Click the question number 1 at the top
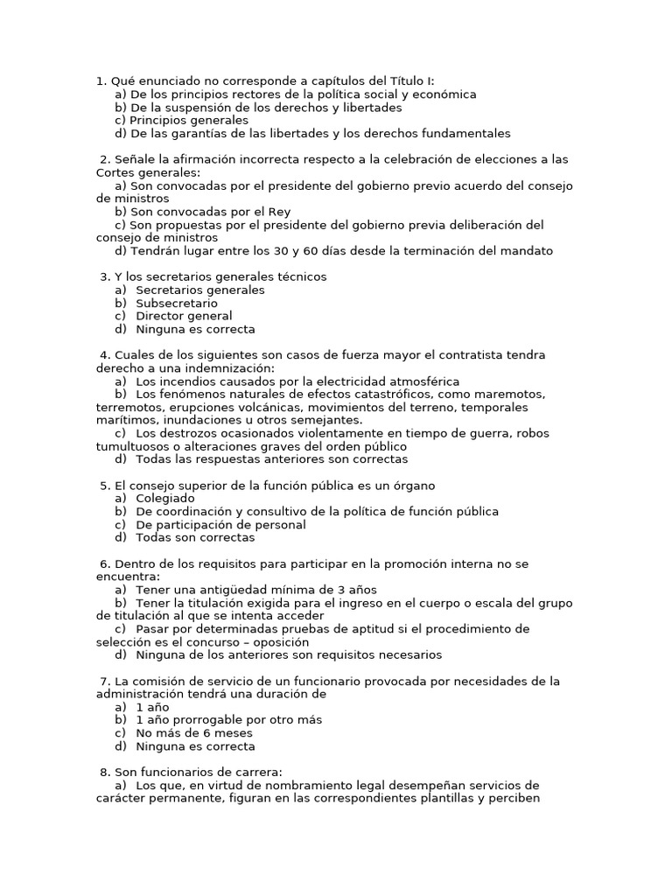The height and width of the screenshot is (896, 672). (x=100, y=81)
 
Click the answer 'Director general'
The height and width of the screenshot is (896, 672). (x=184, y=316)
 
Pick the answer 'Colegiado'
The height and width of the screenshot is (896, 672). (x=165, y=499)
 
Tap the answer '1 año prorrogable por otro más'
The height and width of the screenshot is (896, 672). (x=229, y=720)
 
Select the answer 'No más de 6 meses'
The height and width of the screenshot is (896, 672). (x=194, y=733)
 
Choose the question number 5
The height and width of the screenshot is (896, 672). (x=105, y=486)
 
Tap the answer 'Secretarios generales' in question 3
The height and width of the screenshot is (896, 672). (x=200, y=290)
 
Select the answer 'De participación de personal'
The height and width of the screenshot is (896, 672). (x=220, y=525)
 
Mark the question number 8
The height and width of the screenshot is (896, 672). (x=105, y=772)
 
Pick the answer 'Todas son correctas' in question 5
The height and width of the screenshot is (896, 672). (x=195, y=538)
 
